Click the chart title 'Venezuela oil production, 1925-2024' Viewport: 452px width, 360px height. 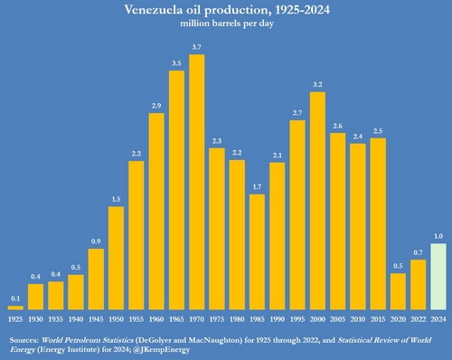[x=226, y=10]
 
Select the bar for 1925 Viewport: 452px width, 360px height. [x=16, y=308]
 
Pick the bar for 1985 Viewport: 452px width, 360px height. [x=257, y=252]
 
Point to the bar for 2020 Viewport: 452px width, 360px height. [x=398, y=292]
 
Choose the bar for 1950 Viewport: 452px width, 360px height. [x=116, y=259]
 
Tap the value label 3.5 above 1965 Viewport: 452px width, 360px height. [x=176, y=63]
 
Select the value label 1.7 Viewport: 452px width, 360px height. [x=257, y=186]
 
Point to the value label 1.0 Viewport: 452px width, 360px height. [x=438, y=237]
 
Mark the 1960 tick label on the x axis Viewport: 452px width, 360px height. [x=156, y=320]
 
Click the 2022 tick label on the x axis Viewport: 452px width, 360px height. [x=419, y=320]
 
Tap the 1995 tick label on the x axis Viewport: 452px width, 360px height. [x=297, y=320]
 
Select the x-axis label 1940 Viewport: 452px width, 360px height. [x=76, y=320]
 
